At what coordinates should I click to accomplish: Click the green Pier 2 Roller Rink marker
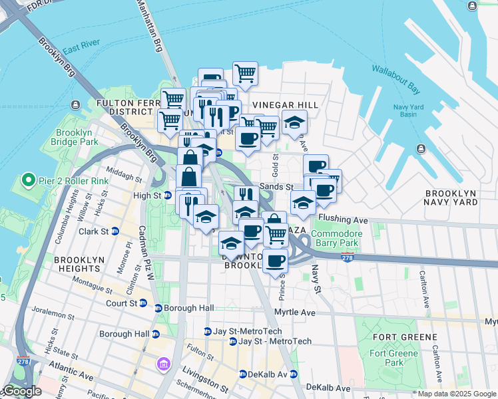pyautogui.click(x=28, y=180)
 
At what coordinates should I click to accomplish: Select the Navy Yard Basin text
pyautogui.click(x=413, y=110)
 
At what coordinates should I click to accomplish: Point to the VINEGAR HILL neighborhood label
pyautogui.click(x=286, y=106)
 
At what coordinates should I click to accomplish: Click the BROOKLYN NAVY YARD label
pyautogui.click(x=451, y=197)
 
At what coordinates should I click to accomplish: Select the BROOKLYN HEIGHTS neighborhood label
pyautogui.click(x=78, y=264)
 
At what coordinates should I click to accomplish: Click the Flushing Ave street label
pyautogui.click(x=343, y=218)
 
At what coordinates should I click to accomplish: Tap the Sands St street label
pyautogui.click(x=276, y=188)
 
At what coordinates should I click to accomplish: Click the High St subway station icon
pyautogui.click(x=168, y=196)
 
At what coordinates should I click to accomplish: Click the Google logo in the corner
pyautogui.click(x=23, y=391)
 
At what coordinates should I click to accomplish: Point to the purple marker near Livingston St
pyautogui.click(x=164, y=364)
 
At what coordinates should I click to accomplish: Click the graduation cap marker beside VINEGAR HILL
pyautogui.click(x=294, y=122)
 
